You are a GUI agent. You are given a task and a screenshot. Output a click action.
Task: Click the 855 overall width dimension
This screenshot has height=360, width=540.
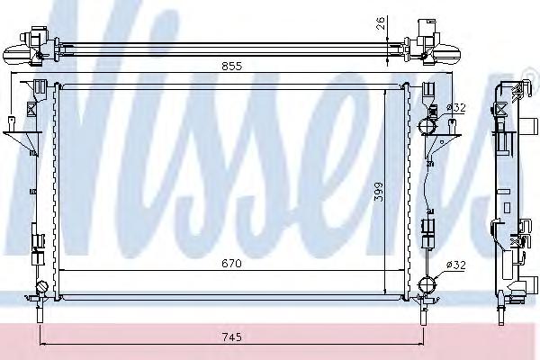coord(232,66)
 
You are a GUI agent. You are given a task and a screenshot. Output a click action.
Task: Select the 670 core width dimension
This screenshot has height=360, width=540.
coord(231,264)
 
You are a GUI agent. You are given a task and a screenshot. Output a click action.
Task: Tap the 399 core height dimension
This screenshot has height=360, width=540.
coord(379,192)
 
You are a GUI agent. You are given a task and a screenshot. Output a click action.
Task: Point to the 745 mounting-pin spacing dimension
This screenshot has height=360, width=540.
coord(232,337)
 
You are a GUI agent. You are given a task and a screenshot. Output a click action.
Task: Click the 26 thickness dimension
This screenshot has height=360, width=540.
coord(380,23)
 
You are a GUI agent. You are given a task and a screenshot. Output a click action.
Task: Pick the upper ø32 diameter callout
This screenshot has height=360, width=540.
coord(455,108)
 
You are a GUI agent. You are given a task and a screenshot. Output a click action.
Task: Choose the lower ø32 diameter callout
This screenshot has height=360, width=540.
coord(455,265)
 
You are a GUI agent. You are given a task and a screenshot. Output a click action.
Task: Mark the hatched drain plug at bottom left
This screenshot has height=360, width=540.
coord(42,287)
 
